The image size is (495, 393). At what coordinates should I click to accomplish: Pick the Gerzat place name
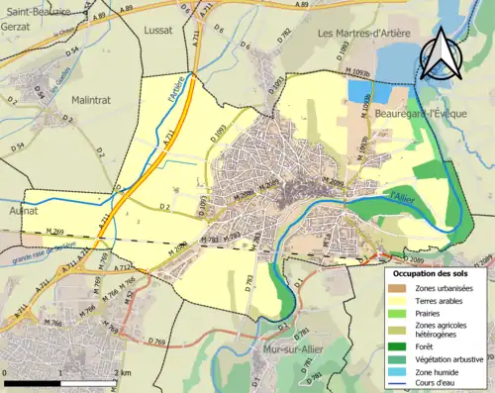tap(21, 27)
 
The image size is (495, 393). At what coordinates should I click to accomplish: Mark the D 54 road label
tap(18, 147)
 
